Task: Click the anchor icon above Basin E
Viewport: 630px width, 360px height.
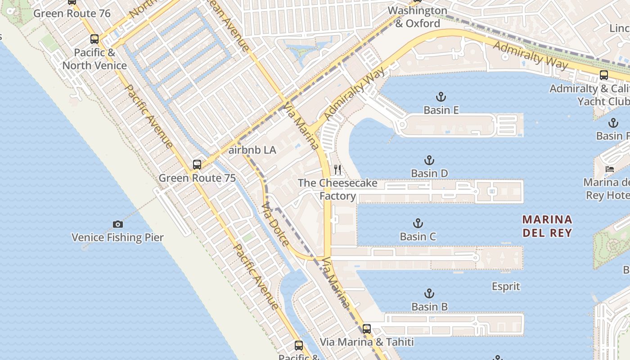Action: [441, 97]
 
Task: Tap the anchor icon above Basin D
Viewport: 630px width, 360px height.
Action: [429, 160]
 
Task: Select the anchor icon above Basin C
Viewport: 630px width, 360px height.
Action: [418, 223]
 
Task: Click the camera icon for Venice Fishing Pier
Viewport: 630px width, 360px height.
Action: [117, 224]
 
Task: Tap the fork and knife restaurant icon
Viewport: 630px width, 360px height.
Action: [337, 170]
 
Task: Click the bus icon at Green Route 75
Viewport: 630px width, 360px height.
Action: [197, 165]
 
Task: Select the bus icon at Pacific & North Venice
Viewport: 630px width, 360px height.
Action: [94, 39]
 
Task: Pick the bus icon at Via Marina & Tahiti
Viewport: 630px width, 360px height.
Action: [367, 329]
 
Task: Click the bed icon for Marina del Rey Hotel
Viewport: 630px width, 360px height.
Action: [610, 169]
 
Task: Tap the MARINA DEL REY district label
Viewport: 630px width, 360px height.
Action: [547, 226]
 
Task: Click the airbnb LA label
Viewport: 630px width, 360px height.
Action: [252, 150]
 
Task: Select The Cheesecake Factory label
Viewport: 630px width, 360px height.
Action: [337, 189]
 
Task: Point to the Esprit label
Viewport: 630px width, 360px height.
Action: [506, 286]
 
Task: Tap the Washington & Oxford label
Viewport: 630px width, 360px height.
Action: [417, 17]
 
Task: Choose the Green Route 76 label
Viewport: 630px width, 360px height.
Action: [72, 13]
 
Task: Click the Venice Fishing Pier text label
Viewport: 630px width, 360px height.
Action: [117, 238]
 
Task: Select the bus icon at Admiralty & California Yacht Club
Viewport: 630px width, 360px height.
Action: [604, 75]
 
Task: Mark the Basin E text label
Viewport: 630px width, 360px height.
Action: [441, 110]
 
